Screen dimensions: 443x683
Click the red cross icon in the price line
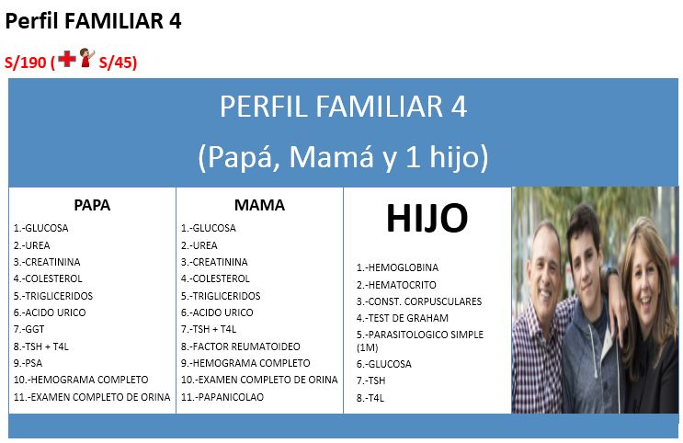click(x=66, y=60)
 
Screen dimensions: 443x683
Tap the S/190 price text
click(x=25, y=62)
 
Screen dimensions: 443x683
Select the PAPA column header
click(x=92, y=205)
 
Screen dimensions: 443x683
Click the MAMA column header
click(x=259, y=205)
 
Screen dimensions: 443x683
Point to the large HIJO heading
click(x=427, y=219)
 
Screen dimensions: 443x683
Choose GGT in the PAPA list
click(x=29, y=329)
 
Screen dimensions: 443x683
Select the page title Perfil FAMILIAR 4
click(x=93, y=21)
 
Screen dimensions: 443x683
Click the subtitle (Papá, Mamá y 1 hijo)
click(x=343, y=157)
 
